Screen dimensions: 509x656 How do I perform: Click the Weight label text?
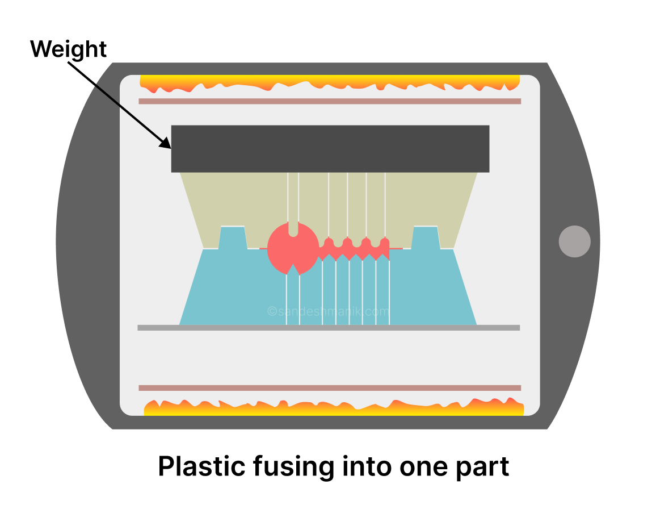point(68,49)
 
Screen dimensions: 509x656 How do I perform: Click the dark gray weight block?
point(330,148)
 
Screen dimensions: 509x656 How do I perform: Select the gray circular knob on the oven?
point(574,241)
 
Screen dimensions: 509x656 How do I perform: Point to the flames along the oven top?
point(329,84)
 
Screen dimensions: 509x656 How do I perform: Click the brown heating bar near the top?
point(329,101)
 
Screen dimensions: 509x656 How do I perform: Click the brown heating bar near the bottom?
point(329,388)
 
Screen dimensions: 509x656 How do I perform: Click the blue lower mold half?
point(238,290)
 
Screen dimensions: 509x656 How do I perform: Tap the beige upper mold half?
point(238,199)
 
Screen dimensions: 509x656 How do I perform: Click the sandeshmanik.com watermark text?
point(328,311)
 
